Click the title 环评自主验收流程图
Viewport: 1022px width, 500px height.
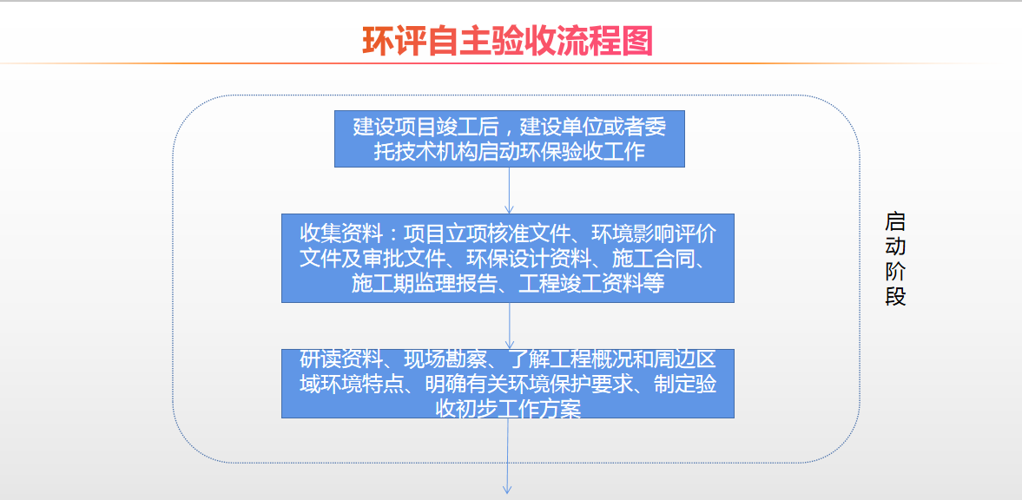[x=508, y=41]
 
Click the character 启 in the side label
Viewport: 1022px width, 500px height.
[x=895, y=222]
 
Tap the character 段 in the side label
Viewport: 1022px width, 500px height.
[x=895, y=297]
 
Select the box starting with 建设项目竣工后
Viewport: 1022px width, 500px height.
[x=510, y=139]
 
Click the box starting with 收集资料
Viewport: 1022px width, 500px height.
[x=508, y=258]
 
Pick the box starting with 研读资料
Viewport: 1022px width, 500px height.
[x=508, y=384]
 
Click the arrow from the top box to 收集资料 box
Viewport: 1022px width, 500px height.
[x=510, y=190]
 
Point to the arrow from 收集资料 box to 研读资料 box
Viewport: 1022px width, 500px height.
[x=510, y=326]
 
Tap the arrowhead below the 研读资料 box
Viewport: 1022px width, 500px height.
[x=508, y=488]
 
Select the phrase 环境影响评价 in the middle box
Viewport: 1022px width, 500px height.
[x=653, y=234]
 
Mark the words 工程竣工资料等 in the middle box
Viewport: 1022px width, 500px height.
[x=591, y=284]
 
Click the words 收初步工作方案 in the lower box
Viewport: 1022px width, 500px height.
[x=508, y=409]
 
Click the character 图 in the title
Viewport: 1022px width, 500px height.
[x=636, y=41]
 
